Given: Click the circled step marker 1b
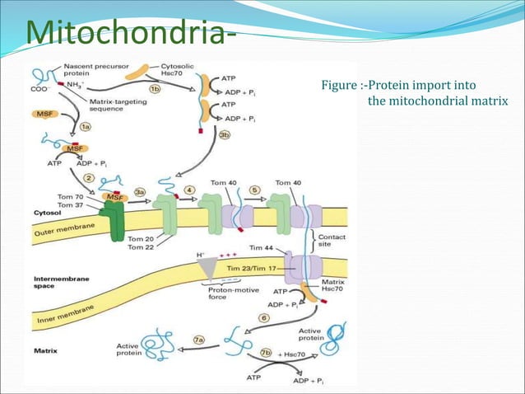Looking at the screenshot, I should (x=155, y=88).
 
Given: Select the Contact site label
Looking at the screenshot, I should (x=332, y=240).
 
